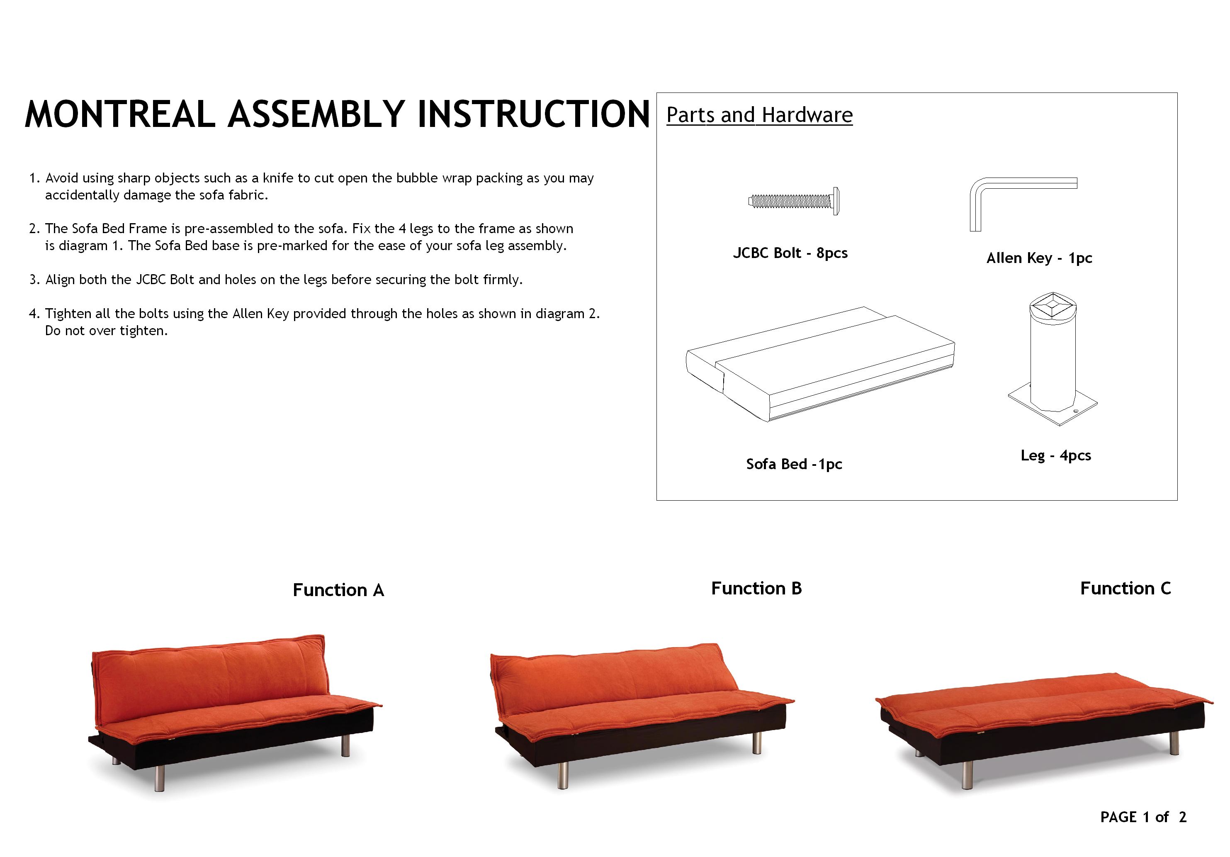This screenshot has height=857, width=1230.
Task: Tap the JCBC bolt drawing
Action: pos(793,202)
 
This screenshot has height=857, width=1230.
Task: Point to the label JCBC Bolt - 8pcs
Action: pos(790,253)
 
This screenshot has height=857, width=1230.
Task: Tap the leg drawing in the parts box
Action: pos(1053,358)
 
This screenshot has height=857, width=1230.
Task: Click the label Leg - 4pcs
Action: pos(1055,455)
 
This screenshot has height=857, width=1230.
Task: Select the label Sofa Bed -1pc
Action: pos(794,464)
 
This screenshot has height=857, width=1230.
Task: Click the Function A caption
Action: pos(338,590)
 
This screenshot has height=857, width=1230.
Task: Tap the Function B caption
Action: pos(756,589)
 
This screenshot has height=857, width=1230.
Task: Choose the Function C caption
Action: pos(1125,589)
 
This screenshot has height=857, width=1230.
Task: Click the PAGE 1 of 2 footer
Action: pos(1143,817)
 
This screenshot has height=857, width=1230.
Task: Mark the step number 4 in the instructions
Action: pos(33,314)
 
